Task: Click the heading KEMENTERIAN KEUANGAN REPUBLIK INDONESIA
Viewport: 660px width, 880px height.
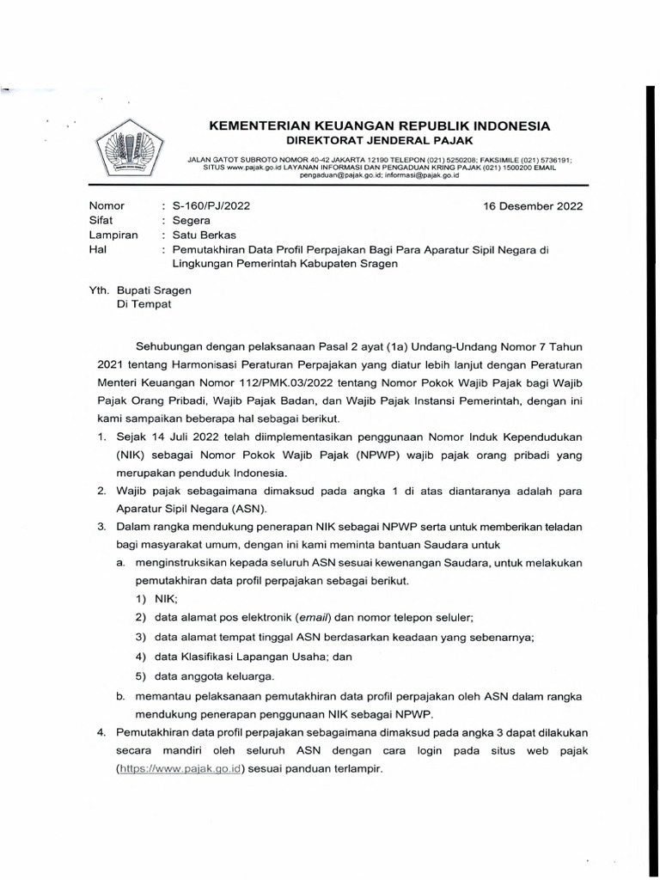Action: tap(379, 125)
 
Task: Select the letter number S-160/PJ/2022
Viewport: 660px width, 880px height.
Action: tap(211, 206)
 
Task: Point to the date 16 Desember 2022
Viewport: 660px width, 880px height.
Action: tap(534, 206)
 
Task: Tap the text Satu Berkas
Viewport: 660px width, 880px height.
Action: tap(207, 235)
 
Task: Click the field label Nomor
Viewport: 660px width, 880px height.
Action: tap(107, 206)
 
